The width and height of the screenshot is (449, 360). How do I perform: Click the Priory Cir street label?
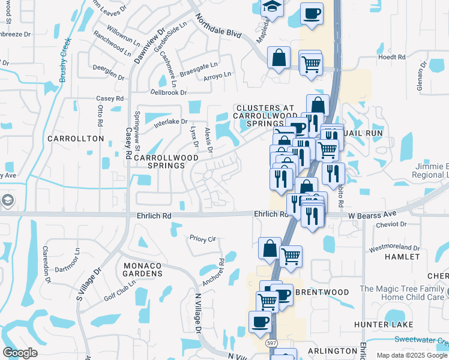pos(203,239)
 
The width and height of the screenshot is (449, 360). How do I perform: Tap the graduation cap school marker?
pos(272,7)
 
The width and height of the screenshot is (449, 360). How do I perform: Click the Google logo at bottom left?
pos(20,353)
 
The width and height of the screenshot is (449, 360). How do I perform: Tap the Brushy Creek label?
pos(65,60)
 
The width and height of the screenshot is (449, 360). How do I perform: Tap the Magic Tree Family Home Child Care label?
pos(402,293)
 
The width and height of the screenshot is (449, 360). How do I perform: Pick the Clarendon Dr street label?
pos(47,263)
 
